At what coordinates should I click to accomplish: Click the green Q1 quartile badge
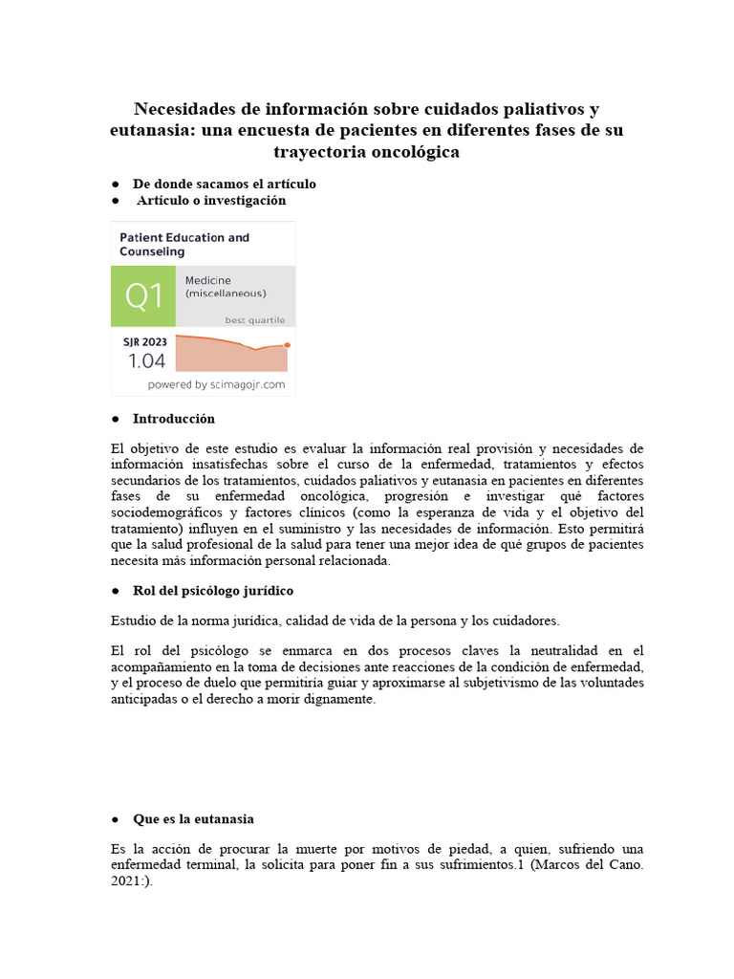pos(143,297)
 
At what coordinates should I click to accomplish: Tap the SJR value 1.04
pos(146,360)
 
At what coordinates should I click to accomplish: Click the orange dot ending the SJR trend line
pos(288,344)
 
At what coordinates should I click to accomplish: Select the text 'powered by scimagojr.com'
pos(216,384)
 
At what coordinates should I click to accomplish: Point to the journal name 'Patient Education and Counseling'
pos(183,244)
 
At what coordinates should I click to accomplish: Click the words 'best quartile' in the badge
pos(254,319)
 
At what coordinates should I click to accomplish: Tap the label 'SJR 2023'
pos(144,341)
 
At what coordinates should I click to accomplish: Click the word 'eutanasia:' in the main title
pos(156,130)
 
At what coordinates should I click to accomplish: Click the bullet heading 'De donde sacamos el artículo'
pos(224,184)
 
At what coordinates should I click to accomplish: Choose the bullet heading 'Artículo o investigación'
pos(210,201)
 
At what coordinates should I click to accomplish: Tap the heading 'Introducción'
pos(173,419)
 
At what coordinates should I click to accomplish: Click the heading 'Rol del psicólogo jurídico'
pos(212,590)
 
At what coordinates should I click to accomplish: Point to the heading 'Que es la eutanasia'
pos(193,819)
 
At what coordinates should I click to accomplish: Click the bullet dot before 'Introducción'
pos(115,419)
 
